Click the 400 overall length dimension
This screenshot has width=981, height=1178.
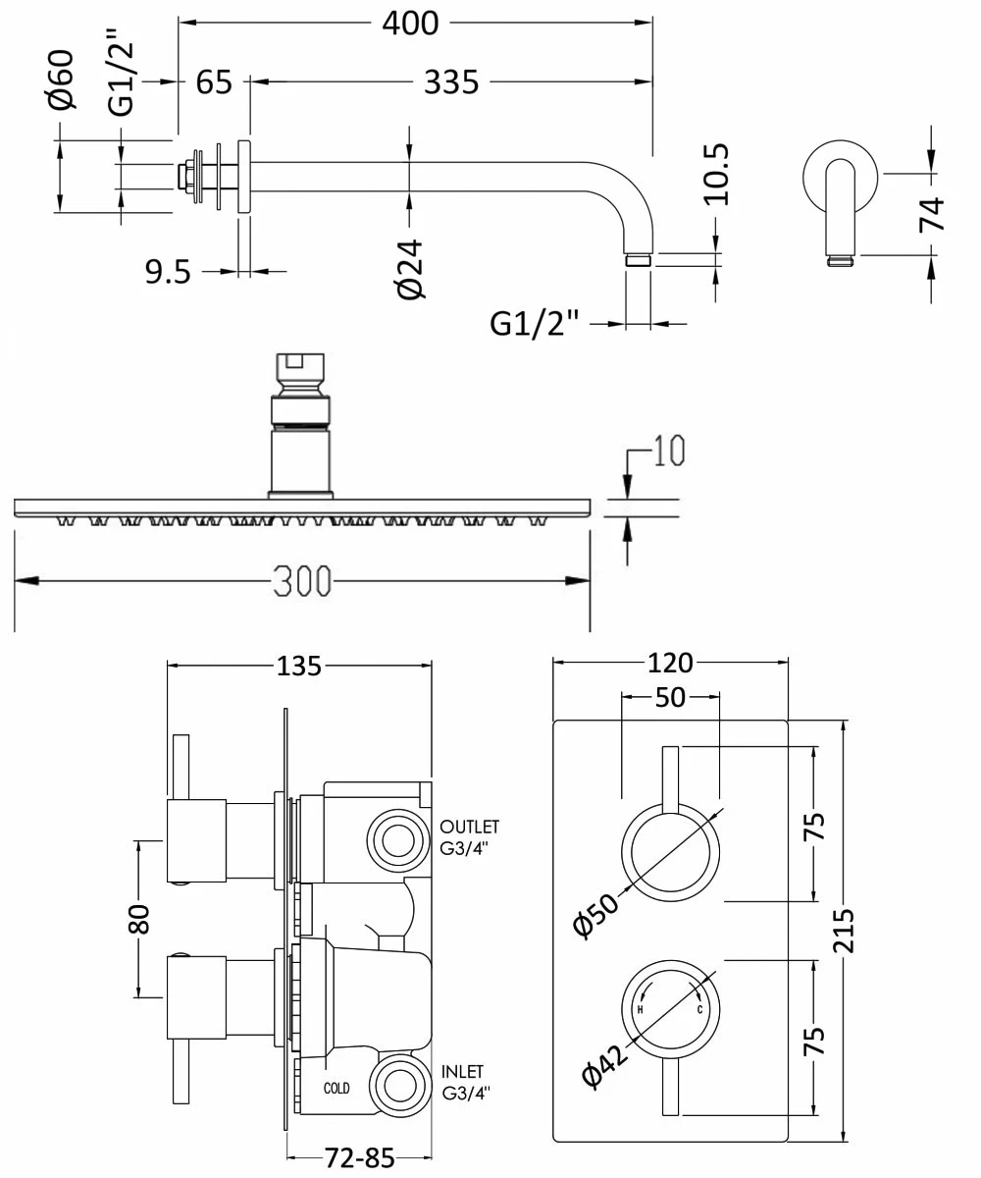[410, 22]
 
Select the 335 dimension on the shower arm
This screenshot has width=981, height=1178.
[451, 81]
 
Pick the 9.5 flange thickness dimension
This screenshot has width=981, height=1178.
[169, 271]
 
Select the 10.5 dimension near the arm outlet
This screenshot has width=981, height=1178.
[717, 174]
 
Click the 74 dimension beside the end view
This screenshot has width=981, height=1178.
[931, 214]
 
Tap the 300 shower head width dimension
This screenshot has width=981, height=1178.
[301, 581]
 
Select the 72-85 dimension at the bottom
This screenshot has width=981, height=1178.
[359, 1158]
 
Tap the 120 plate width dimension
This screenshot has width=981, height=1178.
[669, 663]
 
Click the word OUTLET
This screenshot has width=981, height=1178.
[470, 828]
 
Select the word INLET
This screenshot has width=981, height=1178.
[462, 1071]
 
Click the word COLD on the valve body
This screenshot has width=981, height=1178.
[336, 1088]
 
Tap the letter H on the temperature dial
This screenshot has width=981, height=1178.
[641, 1009]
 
